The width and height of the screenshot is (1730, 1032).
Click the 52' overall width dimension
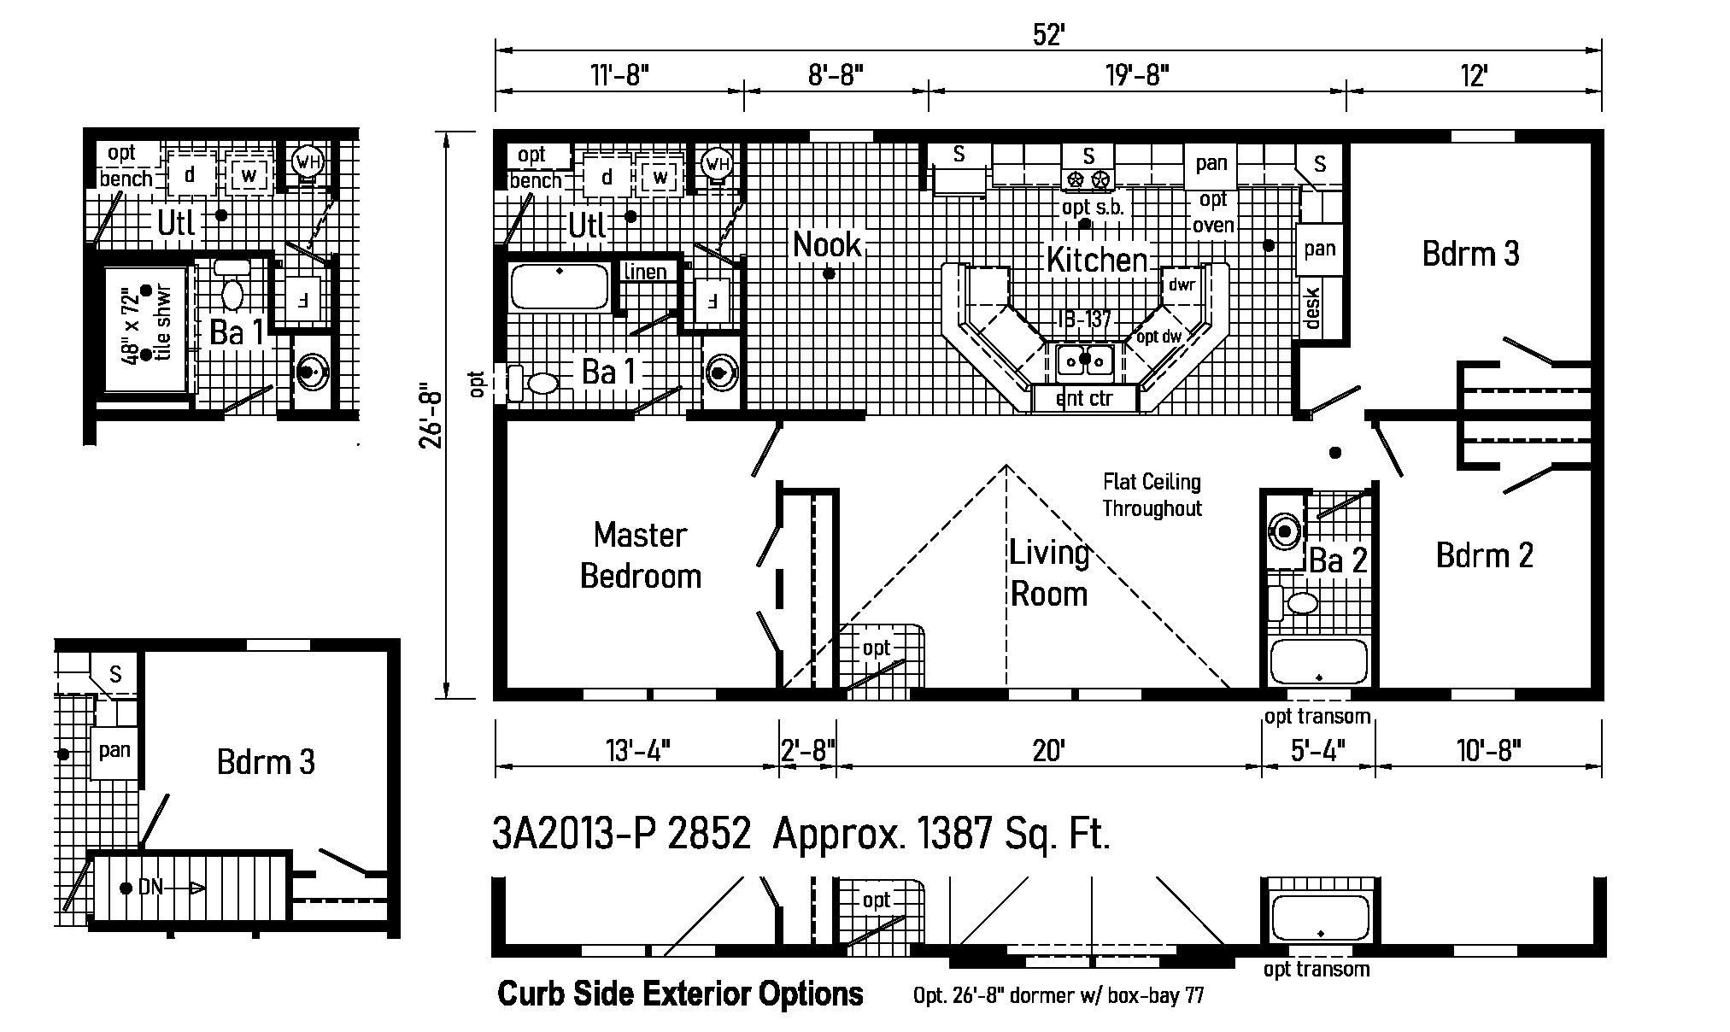(1047, 34)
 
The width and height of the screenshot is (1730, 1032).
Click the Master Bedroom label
(640, 555)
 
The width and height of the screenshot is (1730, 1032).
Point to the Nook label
(826, 245)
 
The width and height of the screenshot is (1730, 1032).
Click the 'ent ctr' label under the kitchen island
(1084, 398)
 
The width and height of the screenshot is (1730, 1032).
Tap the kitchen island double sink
(1085, 361)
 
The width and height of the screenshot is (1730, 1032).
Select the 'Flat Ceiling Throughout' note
(1152, 495)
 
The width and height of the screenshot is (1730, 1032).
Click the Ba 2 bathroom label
(1338, 560)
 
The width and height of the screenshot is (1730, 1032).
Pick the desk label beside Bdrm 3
(1312, 308)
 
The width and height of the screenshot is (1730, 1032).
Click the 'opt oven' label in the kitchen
(1213, 212)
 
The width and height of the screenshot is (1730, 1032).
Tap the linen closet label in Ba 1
(646, 272)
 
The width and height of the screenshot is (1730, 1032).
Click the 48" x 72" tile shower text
(145, 325)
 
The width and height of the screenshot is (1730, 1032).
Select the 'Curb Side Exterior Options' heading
(680, 994)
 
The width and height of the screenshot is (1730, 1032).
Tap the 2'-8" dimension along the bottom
(807, 751)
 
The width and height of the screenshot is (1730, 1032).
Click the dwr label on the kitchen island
(1182, 284)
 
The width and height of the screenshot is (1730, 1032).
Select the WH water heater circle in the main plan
(718, 163)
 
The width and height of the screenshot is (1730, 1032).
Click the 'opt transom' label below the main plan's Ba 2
(1317, 716)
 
